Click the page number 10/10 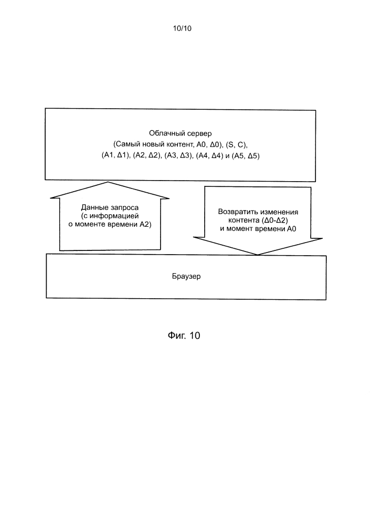[182, 28]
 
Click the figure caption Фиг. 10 [184, 335]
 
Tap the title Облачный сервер [181, 133]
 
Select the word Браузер [186, 277]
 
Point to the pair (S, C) [236, 145]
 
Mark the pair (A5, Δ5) [246, 156]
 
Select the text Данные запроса [110, 207]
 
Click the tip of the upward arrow [108, 182]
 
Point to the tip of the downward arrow [257, 255]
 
